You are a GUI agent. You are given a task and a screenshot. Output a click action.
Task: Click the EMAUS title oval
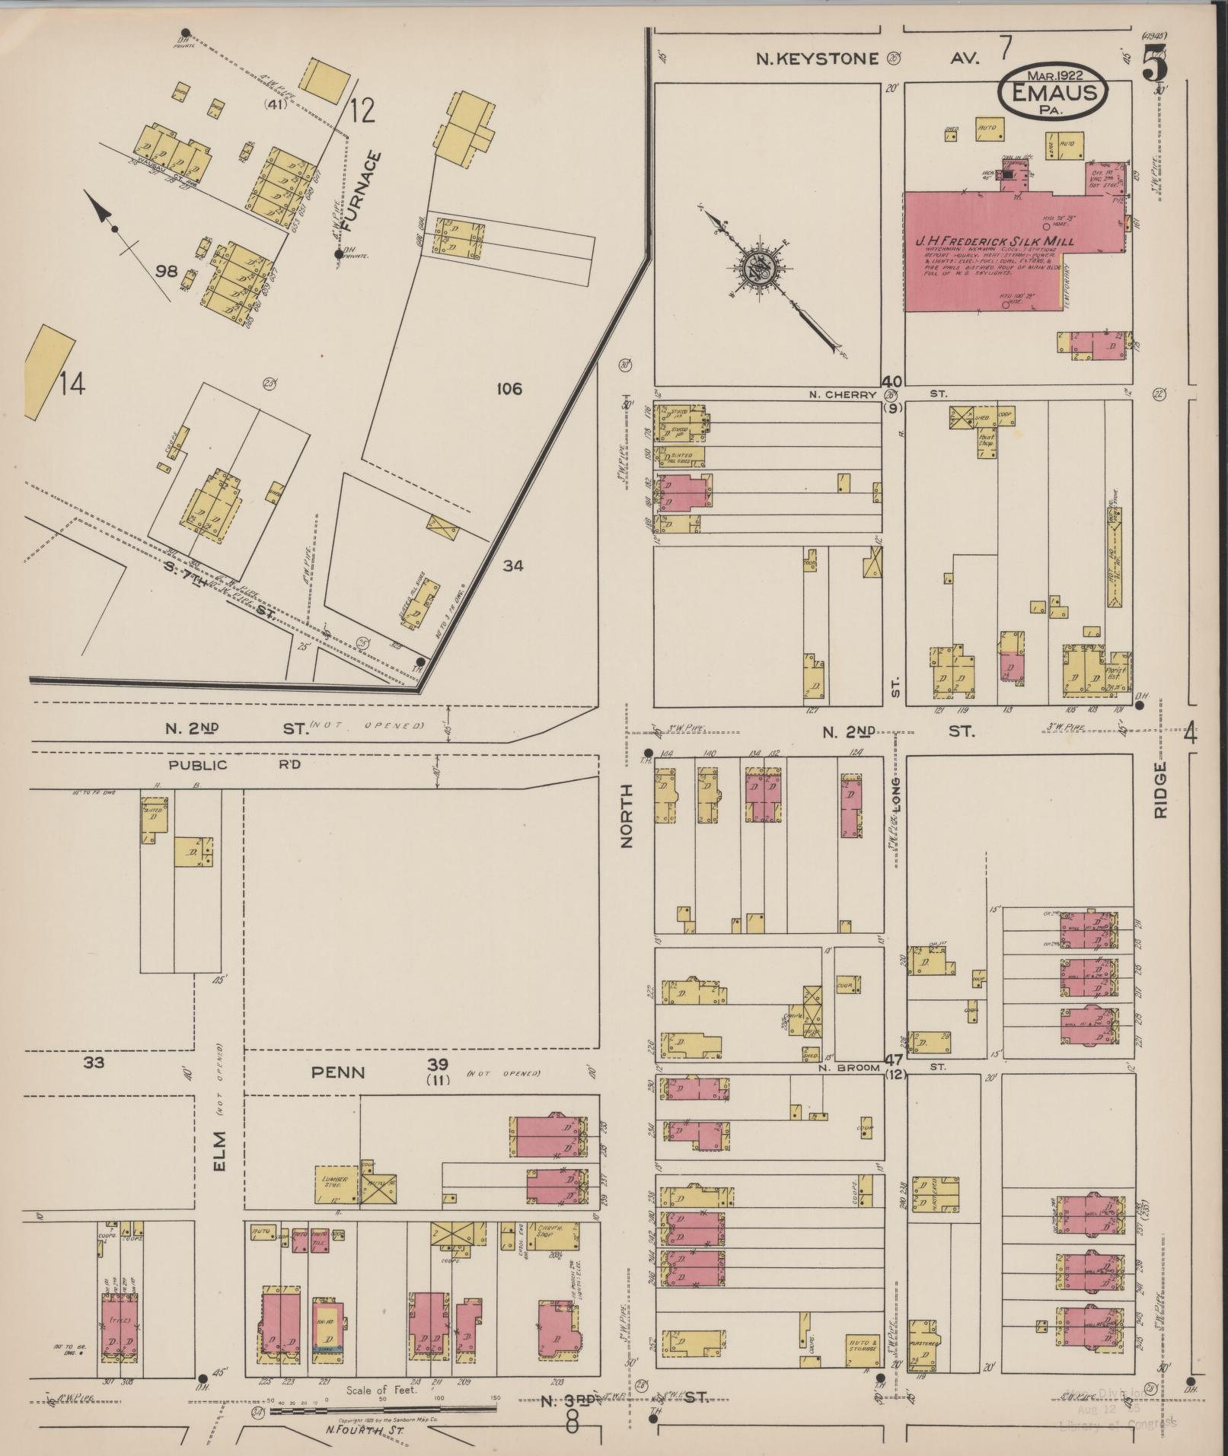1054,91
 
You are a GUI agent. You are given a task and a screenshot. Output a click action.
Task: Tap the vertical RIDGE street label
1159,791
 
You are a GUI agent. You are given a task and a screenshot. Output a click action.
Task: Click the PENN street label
339,1072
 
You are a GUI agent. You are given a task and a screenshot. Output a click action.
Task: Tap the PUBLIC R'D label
228,765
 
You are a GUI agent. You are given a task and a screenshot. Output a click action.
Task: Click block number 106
509,389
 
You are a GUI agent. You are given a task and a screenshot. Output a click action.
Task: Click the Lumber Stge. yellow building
337,1185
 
